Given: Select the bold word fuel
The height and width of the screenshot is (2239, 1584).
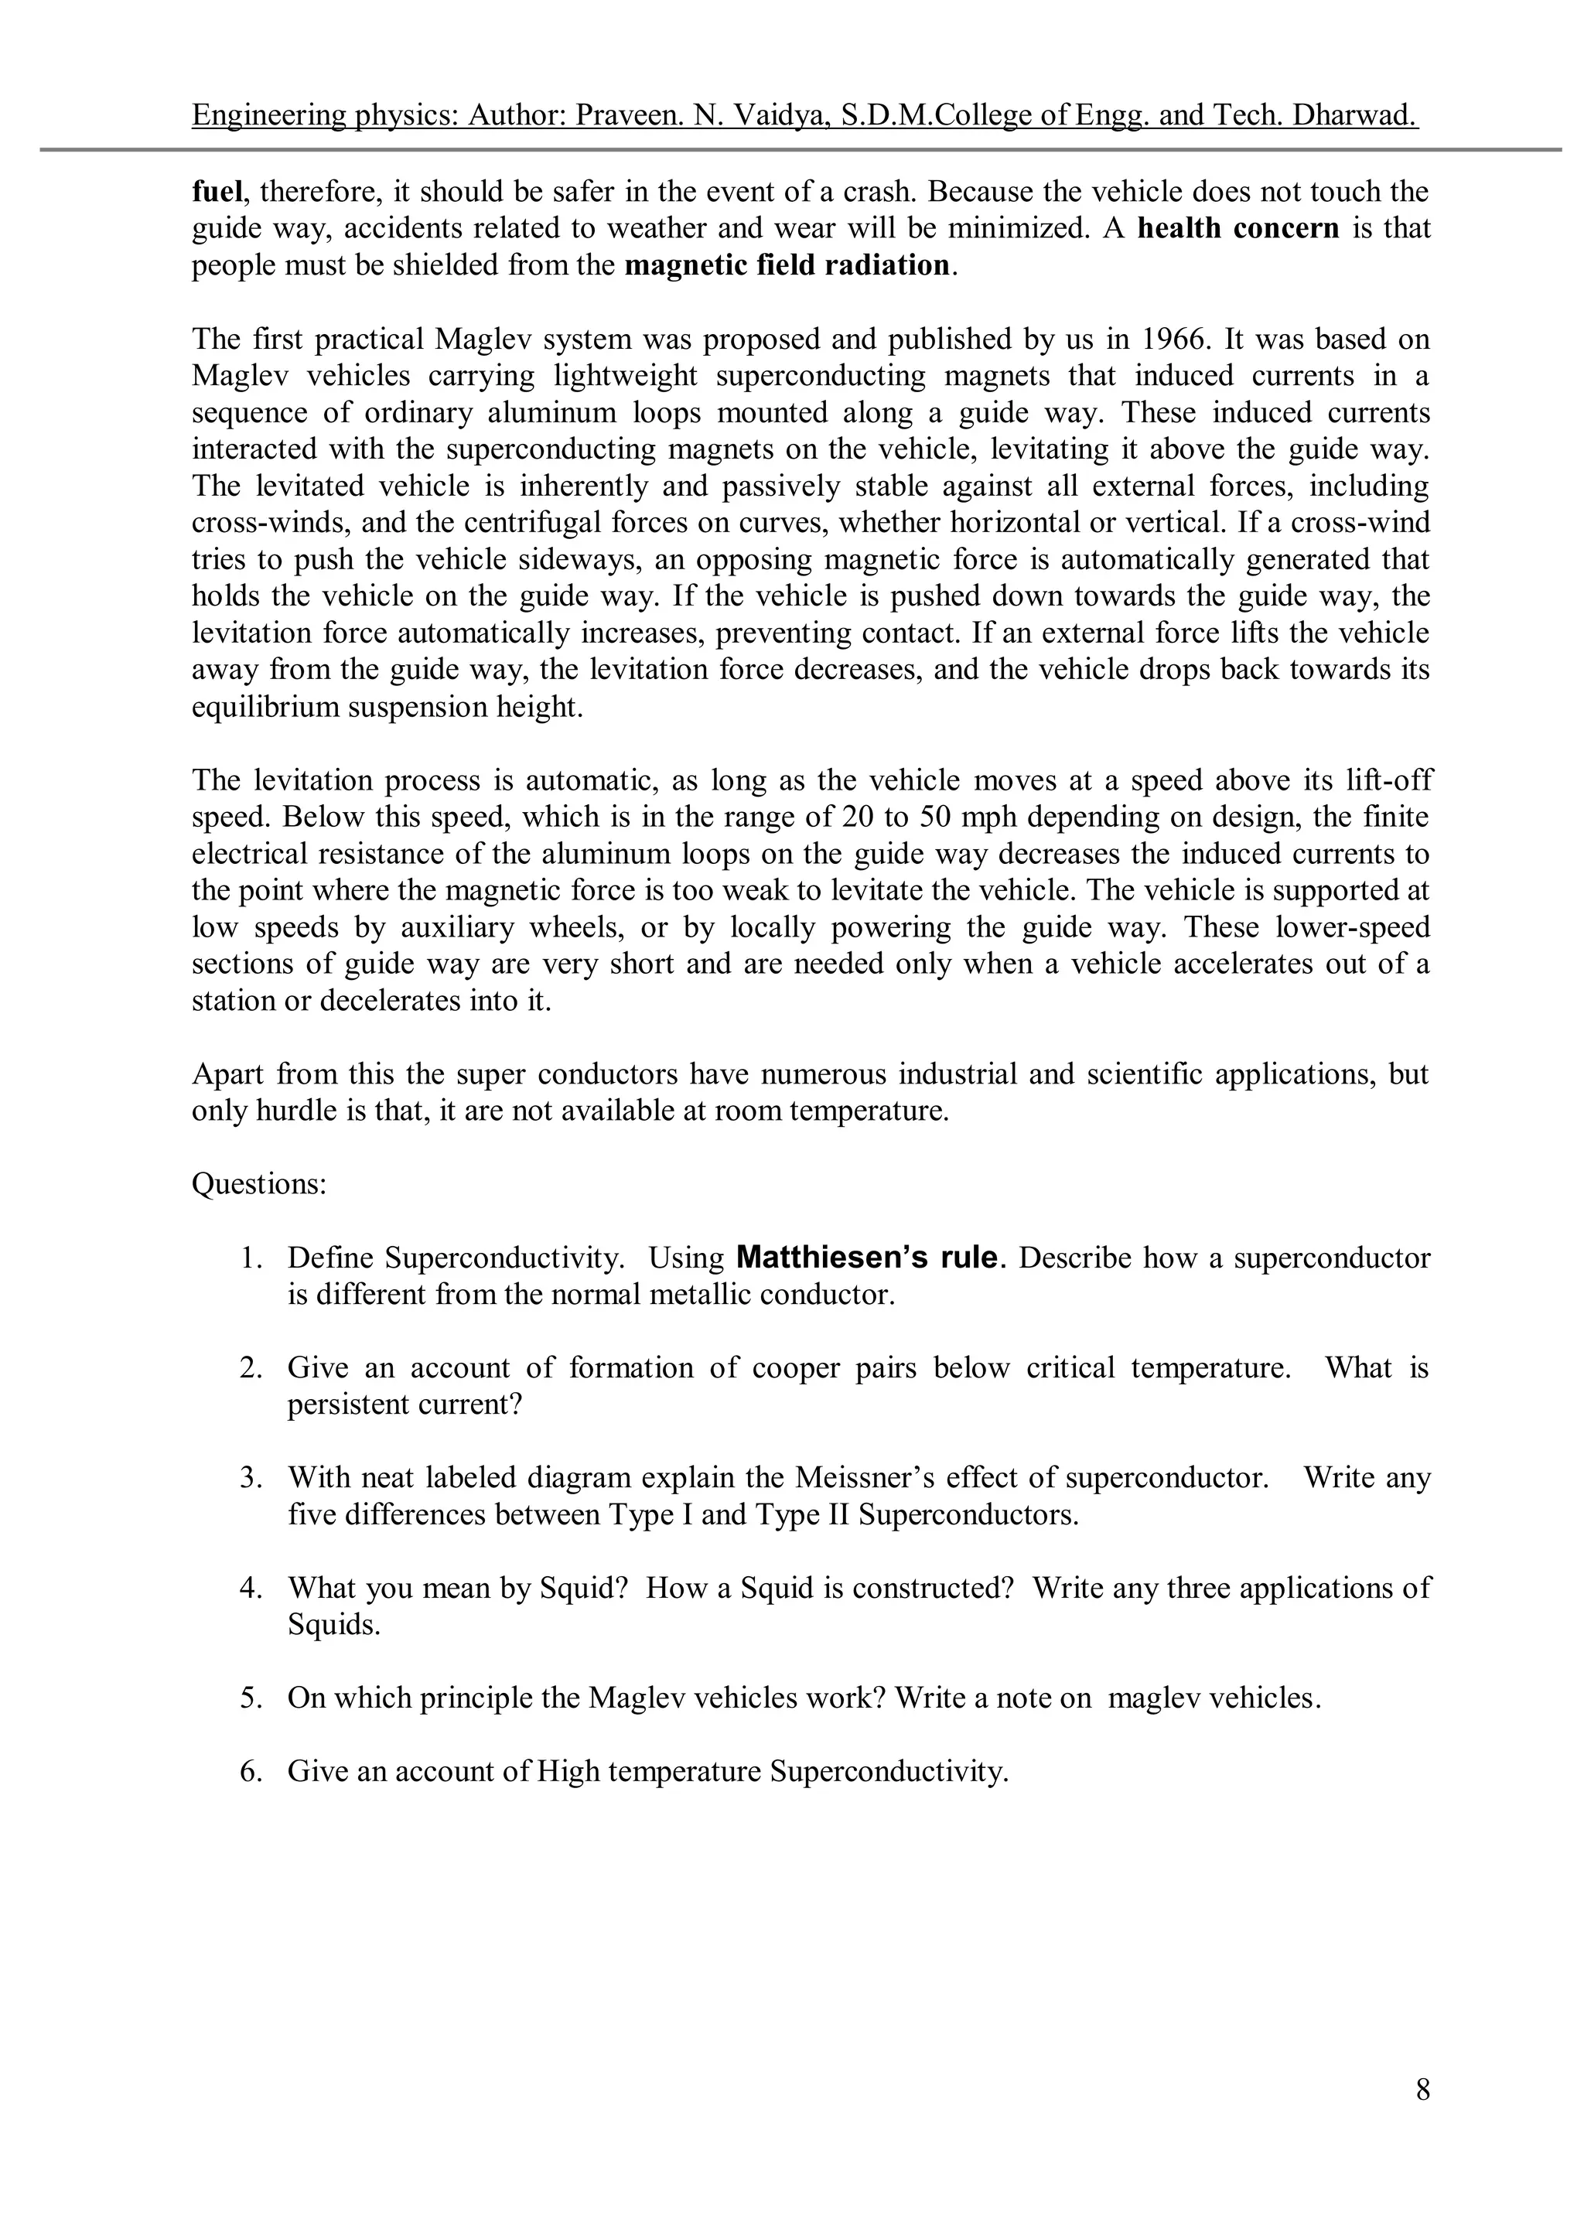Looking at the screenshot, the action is point(216,191).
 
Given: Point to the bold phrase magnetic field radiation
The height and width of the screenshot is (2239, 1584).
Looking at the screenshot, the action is point(786,265).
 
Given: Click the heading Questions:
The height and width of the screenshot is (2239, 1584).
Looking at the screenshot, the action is point(258,1184).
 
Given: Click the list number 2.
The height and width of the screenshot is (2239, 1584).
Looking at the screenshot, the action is point(251,1368).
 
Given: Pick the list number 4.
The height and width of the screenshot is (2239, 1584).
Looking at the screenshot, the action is point(251,1589).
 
